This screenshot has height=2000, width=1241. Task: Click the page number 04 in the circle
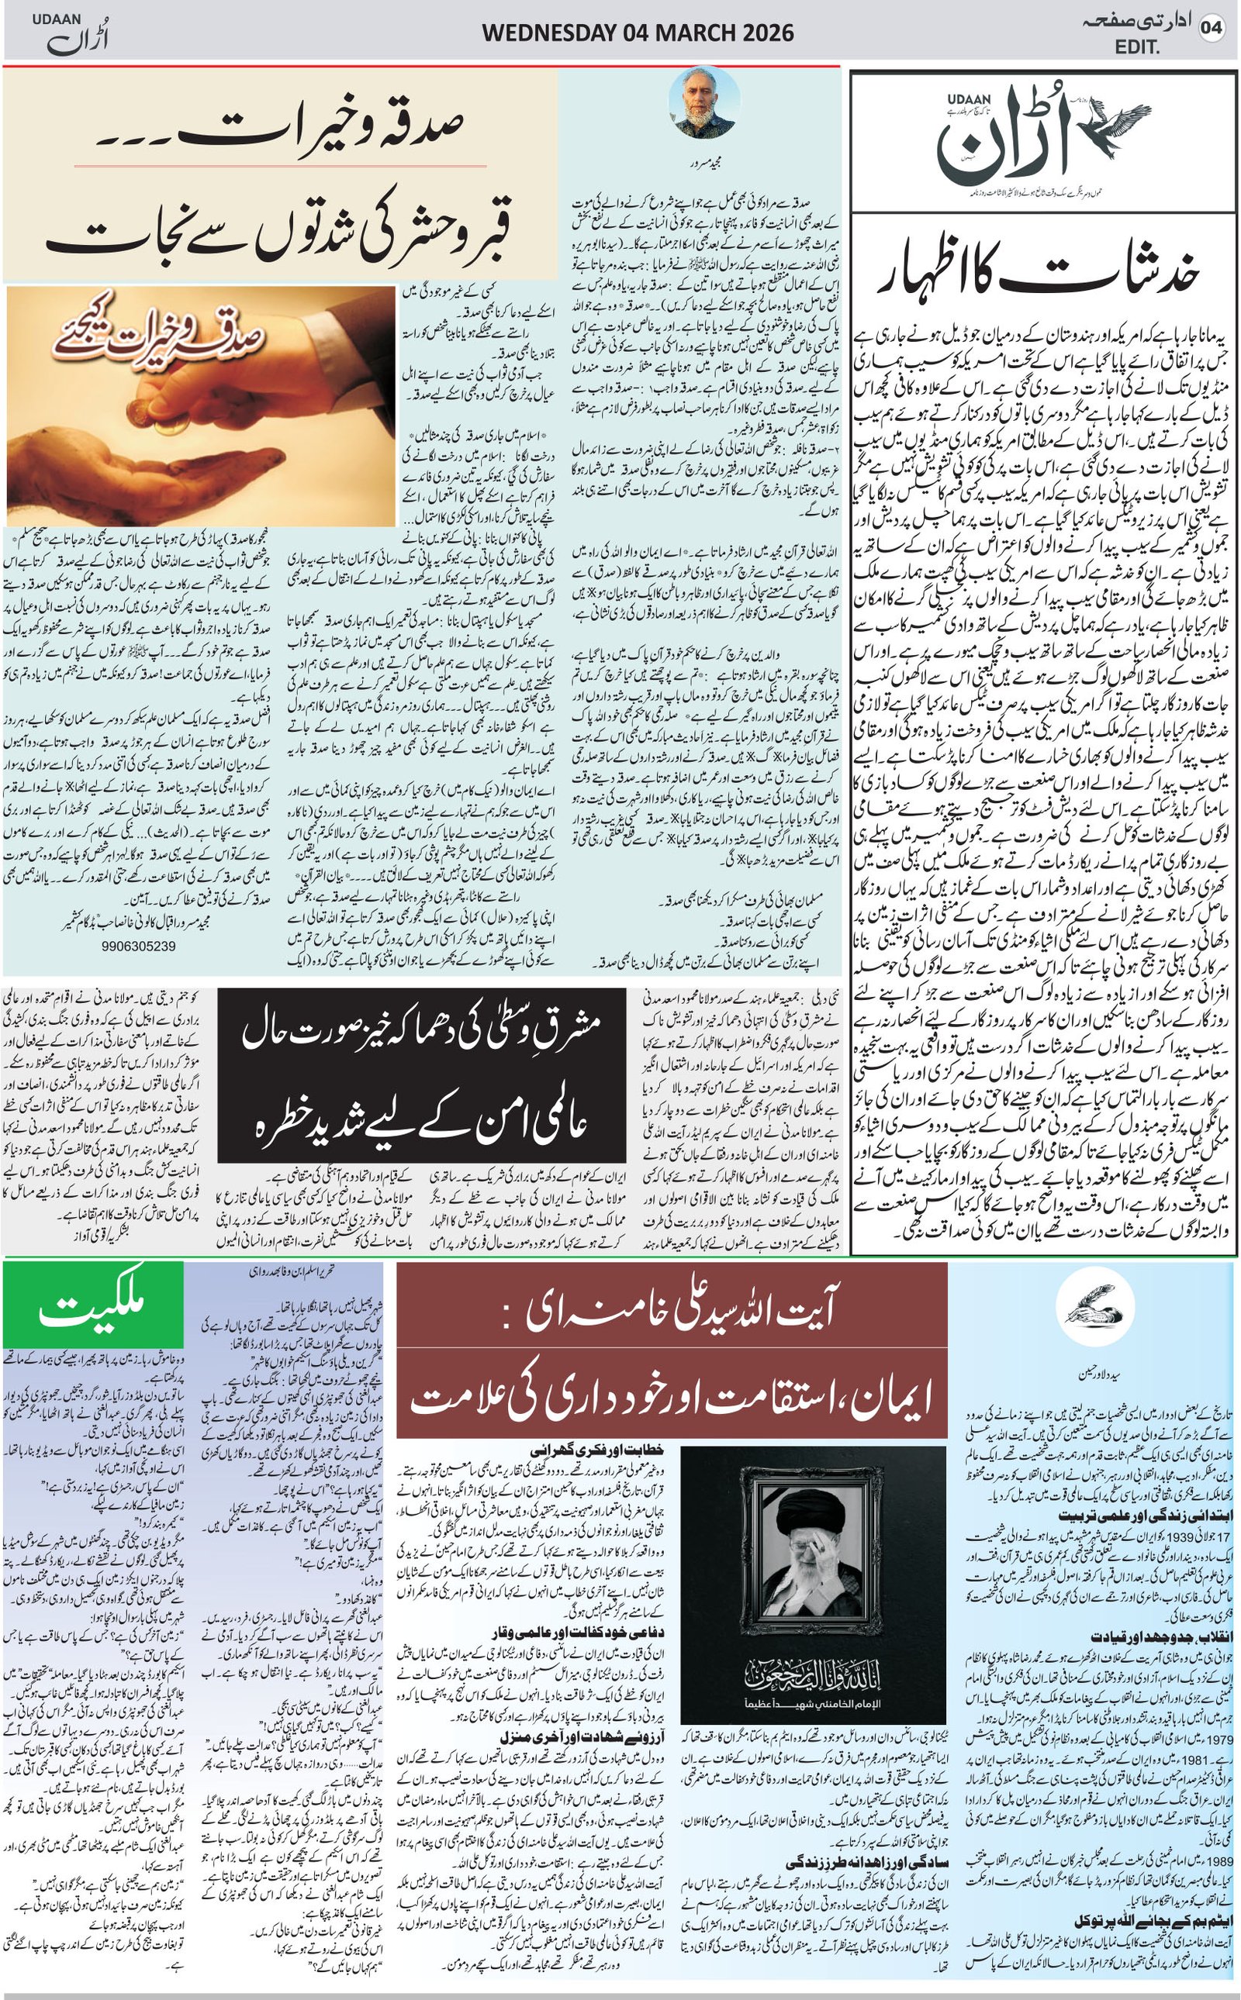click(1212, 29)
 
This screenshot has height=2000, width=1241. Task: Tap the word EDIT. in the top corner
click(1138, 48)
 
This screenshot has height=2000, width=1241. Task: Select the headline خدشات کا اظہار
click(1044, 278)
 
